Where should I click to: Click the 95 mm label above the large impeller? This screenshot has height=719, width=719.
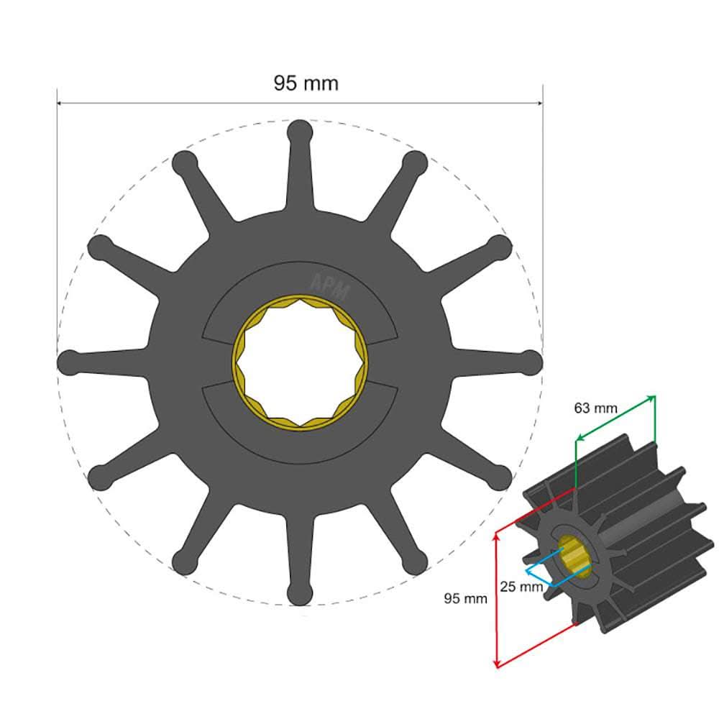tap(306, 83)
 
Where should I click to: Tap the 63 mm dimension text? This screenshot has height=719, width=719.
tap(595, 408)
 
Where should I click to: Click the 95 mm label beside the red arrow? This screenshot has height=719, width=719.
tap(464, 598)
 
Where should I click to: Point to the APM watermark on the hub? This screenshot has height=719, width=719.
tap(330, 288)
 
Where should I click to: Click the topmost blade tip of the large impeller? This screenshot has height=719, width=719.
tap(299, 132)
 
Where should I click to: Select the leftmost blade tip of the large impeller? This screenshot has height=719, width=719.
tap(69, 362)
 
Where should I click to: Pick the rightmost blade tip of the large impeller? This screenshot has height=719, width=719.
tap(530, 362)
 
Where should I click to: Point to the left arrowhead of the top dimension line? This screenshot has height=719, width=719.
tap(60, 103)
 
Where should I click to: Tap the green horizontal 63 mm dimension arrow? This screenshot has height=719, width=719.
tap(615, 417)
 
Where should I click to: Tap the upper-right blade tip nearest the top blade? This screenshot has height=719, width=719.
tap(415, 163)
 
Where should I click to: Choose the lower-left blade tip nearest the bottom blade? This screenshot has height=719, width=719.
tap(184, 562)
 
